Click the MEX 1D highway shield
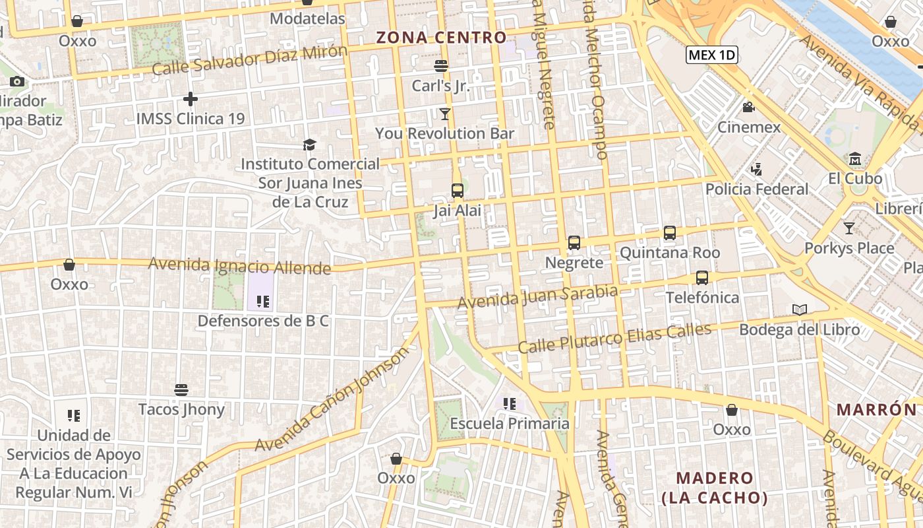711,55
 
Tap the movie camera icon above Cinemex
748,107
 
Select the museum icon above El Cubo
855,159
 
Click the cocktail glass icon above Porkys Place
849,228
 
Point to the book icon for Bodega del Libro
799,310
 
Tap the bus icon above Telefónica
701,278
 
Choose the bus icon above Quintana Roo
670,233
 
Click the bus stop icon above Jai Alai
457,191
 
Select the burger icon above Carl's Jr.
441,66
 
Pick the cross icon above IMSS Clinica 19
191,99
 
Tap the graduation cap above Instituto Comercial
309,145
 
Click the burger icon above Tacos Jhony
181,389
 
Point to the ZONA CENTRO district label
441,38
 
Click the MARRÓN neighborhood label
877,409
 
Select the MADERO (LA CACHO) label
715,487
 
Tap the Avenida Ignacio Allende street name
239,266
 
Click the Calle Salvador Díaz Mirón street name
249,60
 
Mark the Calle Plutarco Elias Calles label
614,338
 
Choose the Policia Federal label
757,189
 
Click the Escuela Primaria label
510,423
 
